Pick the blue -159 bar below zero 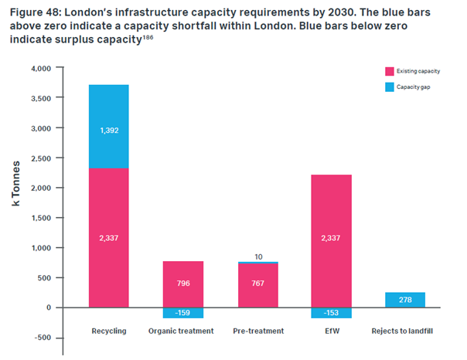click(x=183, y=313)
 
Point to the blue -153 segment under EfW click(x=332, y=313)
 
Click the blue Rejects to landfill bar click(x=405, y=300)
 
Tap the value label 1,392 click(x=108, y=131)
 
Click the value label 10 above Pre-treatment click(x=258, y=256)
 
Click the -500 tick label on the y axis click(x=39, y=338)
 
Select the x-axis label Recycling click(x=108, y=331)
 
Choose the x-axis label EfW click(x=332, y=331)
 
